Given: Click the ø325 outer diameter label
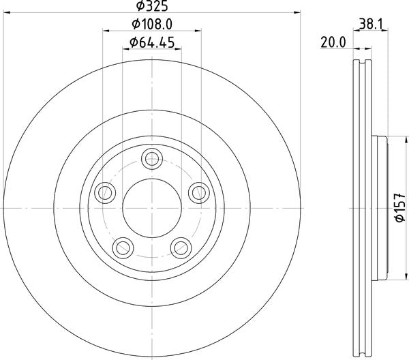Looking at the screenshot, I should point(152,6).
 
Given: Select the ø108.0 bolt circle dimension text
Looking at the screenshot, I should point(152,25).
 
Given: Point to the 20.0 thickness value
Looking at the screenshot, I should point(333,42).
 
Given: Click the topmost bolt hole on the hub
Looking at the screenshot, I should point(151,160).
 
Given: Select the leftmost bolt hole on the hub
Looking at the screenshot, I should point(104,193).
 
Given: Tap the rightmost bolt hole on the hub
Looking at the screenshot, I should point(198,192).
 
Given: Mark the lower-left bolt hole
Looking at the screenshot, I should point(123,247).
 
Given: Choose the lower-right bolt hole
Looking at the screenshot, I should point(181,247).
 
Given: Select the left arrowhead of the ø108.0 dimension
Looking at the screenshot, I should point(106,31).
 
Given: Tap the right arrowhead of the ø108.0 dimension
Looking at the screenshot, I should point(198,31).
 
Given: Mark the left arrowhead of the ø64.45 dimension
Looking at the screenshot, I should point(126,50).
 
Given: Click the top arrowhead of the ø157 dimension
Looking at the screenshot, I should point(387,141).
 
